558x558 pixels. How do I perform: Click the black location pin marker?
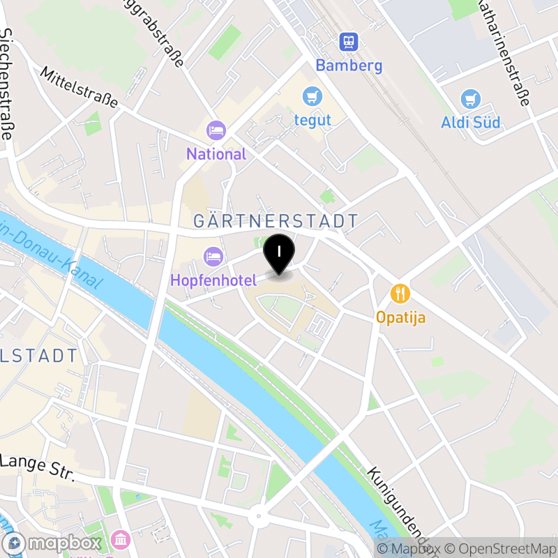point(280,253)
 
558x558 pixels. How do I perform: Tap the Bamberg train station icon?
point(348,43)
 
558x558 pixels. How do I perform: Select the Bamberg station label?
point(349,66)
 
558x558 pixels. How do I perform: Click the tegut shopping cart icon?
point(312,96)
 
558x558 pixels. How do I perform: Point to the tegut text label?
point(312,120)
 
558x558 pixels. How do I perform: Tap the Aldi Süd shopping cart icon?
point(471,99)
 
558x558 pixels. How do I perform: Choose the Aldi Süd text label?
point(471,123)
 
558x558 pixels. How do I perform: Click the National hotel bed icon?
point(216,130)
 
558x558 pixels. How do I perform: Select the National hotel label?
point(216,154)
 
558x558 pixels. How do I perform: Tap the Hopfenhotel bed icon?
point(213,257)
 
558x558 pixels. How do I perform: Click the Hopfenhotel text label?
point(214,280)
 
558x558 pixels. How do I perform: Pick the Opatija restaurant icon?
point(400,294)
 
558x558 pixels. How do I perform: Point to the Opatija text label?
point(400,317)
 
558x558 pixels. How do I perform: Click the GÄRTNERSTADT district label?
point(276,221)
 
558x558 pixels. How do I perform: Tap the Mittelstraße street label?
point(79,87)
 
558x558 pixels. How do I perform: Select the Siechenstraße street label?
point(8,84)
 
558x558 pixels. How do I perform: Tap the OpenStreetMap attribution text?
point(502,548)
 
